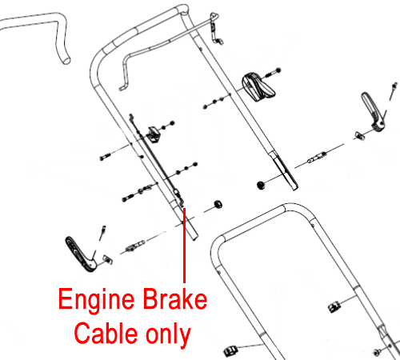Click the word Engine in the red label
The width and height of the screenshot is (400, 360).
(96, 300)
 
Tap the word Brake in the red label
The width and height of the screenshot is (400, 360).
(175, 298)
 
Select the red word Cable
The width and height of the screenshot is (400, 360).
(106, 334)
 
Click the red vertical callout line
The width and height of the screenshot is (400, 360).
(184, 246)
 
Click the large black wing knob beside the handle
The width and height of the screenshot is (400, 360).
(258, 87)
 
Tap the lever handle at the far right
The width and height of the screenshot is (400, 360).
(373, 112)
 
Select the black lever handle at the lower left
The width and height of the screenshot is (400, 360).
(80, 254)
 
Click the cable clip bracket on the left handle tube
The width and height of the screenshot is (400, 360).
(154, 134)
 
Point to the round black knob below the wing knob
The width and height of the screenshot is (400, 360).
(261, 185)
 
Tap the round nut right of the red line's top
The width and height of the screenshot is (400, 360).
(218, 204)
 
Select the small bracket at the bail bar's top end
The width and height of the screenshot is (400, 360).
(215, 29)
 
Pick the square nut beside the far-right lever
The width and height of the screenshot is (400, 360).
(359, 135)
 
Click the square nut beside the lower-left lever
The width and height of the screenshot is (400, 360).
(108, 259)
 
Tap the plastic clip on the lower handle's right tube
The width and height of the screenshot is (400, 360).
(333, 307)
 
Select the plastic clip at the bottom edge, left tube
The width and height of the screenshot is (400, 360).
(230, 351)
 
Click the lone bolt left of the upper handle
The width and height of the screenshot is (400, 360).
(105, 157)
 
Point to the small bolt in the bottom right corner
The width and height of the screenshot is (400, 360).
(377, 352)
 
